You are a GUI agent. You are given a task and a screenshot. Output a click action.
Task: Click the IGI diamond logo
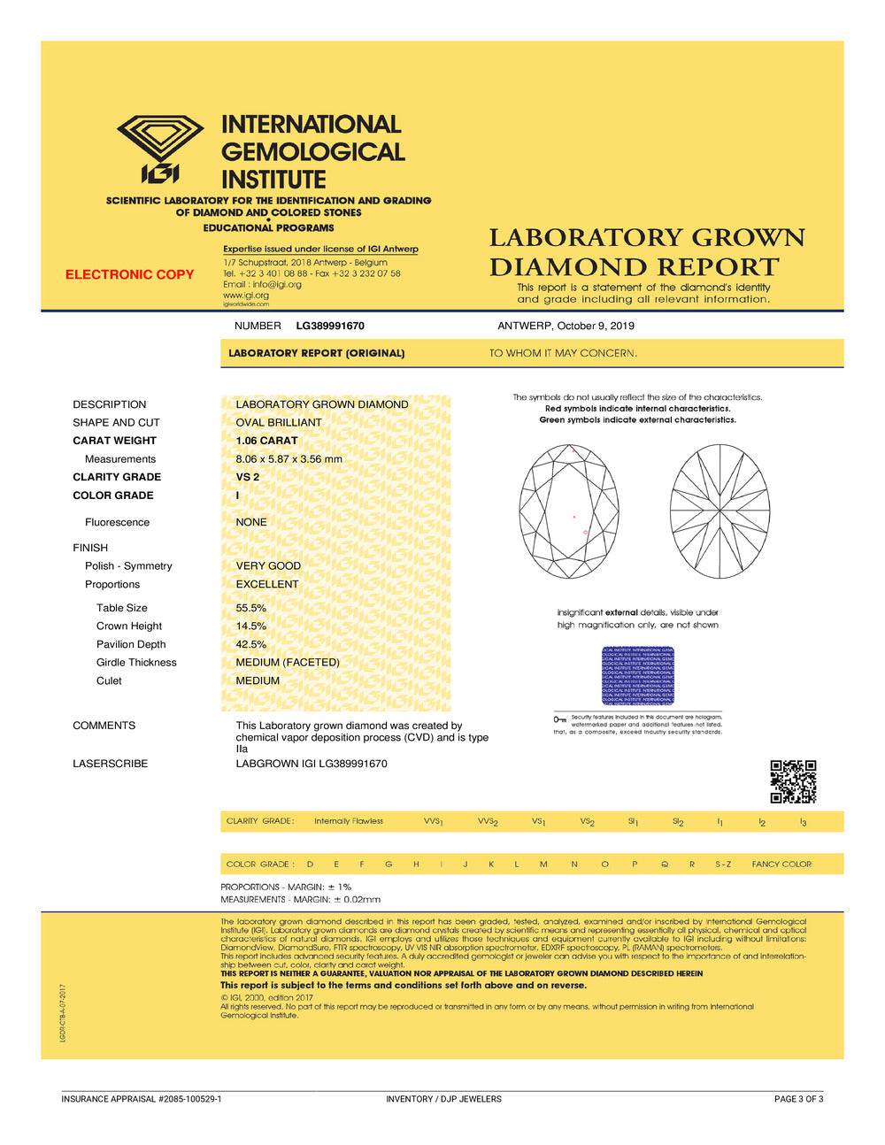click(x=160, y=147)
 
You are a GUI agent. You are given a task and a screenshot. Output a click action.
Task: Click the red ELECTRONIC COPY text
click(x=129, y=274)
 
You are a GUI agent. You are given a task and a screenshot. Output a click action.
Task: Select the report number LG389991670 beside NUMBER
click(x=330, y=326)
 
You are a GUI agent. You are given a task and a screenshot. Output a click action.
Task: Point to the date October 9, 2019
click(x=596, y=326)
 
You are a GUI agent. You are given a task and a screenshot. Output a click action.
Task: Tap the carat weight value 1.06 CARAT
click(x=266, y=441)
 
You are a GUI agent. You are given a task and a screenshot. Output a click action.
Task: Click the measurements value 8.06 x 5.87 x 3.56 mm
click(x=289, y=459)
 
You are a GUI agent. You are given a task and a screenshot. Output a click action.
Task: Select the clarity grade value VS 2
click(x=248, y=477)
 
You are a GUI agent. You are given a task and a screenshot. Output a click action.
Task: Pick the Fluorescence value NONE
click(x=251, y=522)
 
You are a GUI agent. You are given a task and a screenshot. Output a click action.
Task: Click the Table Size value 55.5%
click(x=250, y=608)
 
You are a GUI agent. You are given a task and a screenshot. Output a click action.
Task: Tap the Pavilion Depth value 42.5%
click(x=250, y=644)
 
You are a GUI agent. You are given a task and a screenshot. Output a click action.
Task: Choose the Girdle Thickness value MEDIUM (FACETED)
click(x=288, y=662)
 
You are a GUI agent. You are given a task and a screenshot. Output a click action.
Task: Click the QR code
click(x=793, y=781)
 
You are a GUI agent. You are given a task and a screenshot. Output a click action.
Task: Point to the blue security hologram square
click(x=638, y=676)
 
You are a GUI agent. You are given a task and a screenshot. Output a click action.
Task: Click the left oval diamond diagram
click(x=569, y=511)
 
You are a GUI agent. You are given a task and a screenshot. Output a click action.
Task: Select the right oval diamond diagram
click(x=720, y=511)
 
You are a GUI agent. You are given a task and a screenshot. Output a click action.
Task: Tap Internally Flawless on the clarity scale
click(x=349, y=821)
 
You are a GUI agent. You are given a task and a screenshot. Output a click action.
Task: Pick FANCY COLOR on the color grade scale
click(x=781, y=865)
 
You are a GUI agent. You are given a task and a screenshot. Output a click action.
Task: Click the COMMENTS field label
click(x=104, y=726)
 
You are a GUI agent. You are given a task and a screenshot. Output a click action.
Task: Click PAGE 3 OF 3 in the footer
click(x=798, y=1099)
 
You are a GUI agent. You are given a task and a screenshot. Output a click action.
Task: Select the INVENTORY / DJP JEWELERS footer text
click(x=443, y=1099)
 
